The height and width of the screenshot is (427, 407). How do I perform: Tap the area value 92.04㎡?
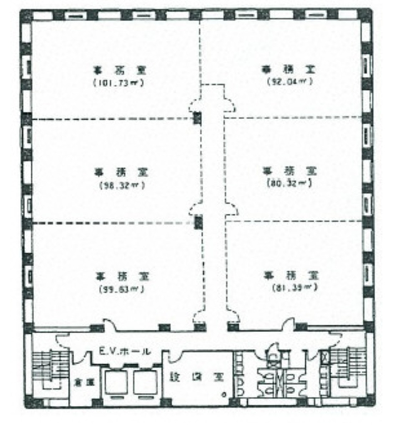click(x=290, y=81)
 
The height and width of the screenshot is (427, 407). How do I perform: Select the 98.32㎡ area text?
click(x=122, y=186)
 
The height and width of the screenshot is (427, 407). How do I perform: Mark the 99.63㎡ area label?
click(x=122, y=289)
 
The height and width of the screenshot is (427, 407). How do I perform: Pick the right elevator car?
click(x=145, y=383)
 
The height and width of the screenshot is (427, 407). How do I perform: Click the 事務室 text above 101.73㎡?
click(x=119, y=70)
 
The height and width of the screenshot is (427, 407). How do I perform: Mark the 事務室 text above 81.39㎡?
click(x=291, y=275)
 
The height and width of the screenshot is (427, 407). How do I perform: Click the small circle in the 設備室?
click(x=224, y=394)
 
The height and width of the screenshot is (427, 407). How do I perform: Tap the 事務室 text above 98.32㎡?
click(x=121, y=173)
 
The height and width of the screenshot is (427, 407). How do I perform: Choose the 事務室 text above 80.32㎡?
click(x=289, y=171)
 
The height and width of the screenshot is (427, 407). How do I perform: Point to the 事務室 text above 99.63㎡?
click(x=122, y=276)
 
